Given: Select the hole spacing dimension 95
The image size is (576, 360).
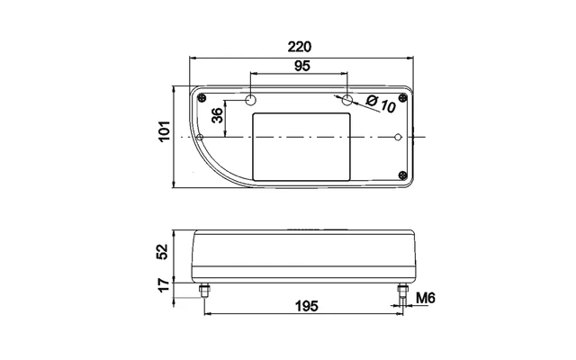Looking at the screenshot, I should coord(300,66).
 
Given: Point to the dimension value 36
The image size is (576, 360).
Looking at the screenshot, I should coord(217,115).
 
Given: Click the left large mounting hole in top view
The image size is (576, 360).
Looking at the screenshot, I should coord(253,98).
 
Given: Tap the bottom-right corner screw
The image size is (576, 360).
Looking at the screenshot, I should coord(402,175).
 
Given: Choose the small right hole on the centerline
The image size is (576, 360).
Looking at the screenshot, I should coord(398,137).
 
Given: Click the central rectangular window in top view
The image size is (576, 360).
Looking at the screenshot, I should coord(301,147).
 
